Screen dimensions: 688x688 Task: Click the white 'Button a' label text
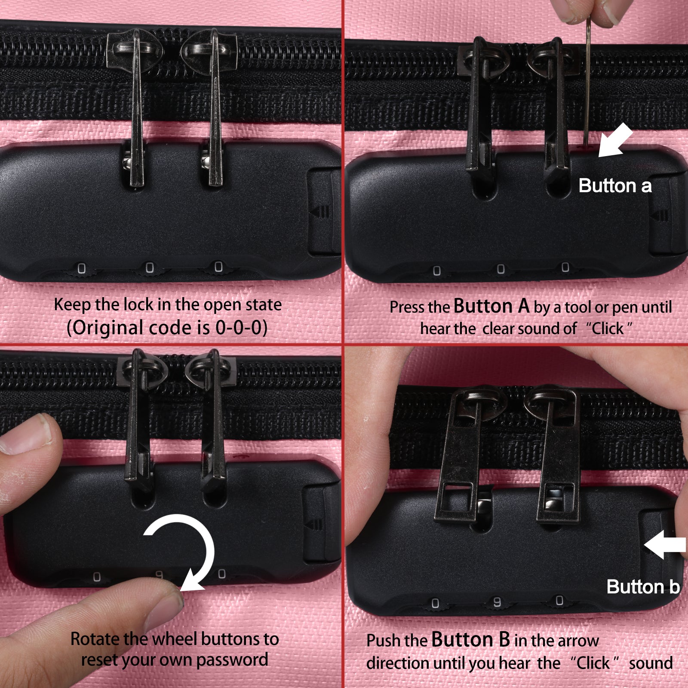[x=615, y=186]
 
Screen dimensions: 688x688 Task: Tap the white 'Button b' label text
[x=643, y=587]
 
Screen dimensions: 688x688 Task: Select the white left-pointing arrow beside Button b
[x=665, y=545]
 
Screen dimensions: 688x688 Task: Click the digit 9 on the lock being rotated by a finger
[x=159, y=574]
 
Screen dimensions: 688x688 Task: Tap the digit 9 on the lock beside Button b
[x=497, y=602]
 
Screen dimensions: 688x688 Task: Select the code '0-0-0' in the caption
[x=239, y=328]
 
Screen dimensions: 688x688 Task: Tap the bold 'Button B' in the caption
[x=471, y=639]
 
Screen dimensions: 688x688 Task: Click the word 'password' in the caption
[x=232, y=660]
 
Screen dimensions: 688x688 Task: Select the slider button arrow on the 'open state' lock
[x=320, y=212]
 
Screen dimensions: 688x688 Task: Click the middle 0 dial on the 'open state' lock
[x=150, y=268]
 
